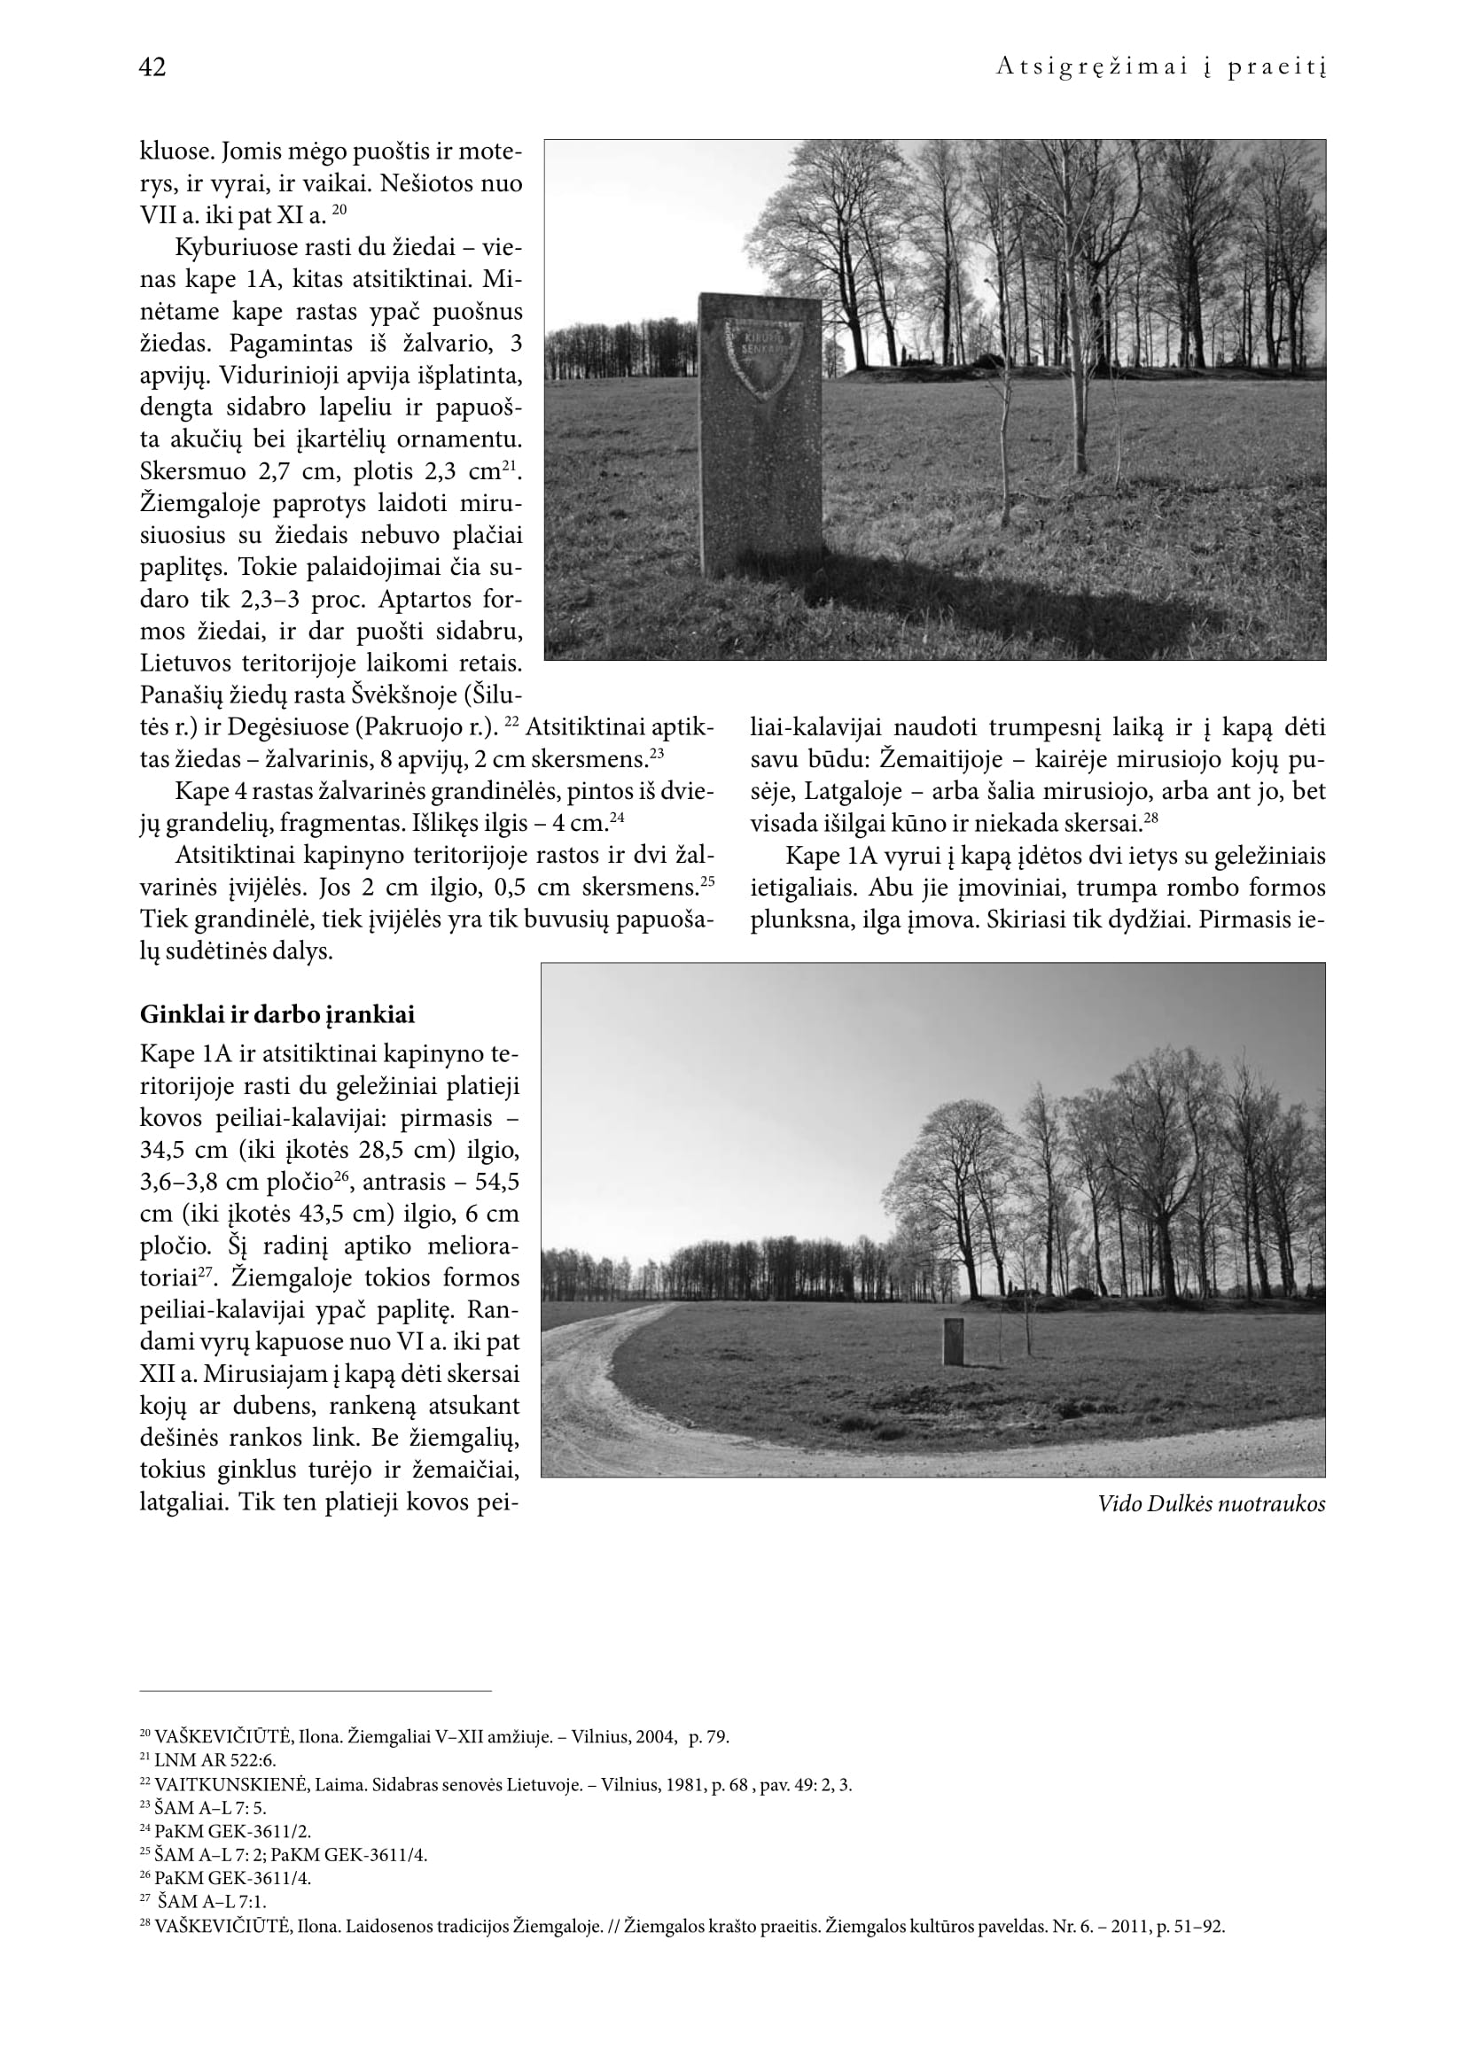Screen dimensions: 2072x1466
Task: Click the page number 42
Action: (152, 66)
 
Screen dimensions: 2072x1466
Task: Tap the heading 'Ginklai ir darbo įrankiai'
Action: (277, 1015)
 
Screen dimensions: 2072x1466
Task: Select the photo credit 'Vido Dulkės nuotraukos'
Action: (1211, 1504)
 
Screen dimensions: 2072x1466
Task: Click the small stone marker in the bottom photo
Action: (952, 1341)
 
